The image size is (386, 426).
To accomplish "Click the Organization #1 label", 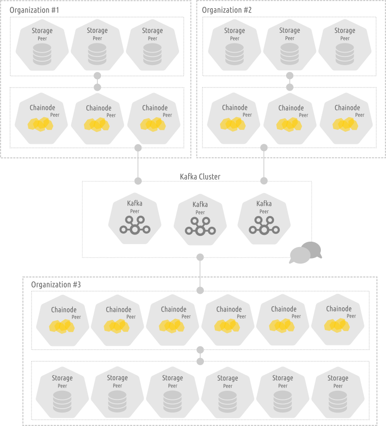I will tap(35, 10).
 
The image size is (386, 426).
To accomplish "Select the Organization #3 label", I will tap(56, 285).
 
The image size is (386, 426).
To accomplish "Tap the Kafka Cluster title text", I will tap(200, 177).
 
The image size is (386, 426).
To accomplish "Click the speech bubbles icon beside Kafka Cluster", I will tap(305, 253).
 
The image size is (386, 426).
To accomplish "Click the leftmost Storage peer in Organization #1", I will tap(42, 46).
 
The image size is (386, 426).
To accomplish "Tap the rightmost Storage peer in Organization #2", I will tap(345, 46).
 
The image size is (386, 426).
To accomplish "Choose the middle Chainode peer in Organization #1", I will tap(98, 119).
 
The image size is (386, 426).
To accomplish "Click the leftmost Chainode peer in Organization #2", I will tap(234, 119).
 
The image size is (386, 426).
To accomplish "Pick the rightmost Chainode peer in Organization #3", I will tap(339, 320).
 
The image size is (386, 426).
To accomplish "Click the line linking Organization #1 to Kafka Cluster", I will tap(138, 164).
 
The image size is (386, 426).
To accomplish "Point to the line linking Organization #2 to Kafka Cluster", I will tap(264, 164).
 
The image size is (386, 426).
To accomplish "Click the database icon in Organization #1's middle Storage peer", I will tap(97, 55).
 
